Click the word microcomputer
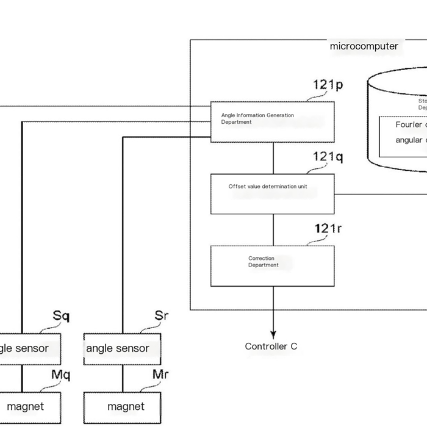click(x=364, y=46)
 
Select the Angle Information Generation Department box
click(x=273, y=122)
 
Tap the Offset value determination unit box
click(x=273, y=194)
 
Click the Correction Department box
click(x=273, y=265)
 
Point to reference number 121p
click(x=328, y=85)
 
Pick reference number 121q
click(x=328, y=157)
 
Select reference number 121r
click(x=328, y=229)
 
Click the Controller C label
click(x=271, y=346)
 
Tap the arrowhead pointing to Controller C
click(x=273, y=334)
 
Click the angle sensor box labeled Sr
click(x=122, y=349)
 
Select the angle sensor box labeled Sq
click(x=30, y=349)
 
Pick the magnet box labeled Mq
click(x=30, y=406)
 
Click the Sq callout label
click(x=61, y=317)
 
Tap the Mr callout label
click(x=160, y=375)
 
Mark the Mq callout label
click(x=61, y=375)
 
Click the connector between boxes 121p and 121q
click(x=273, y=159)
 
